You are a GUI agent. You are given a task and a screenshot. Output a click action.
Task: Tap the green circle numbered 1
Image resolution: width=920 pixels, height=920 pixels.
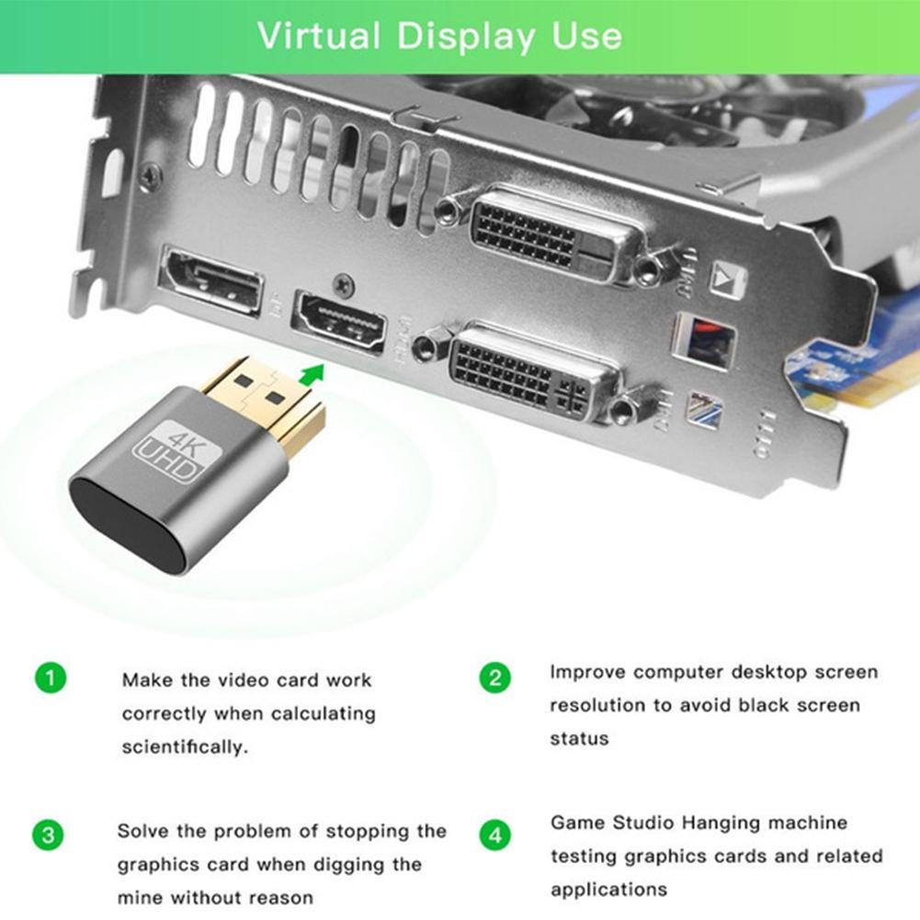point(51,679)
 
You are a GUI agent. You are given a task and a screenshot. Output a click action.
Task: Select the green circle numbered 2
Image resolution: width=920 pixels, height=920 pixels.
point(494,678)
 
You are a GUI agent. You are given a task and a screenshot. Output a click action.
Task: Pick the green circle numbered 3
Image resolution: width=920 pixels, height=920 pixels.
point(49,836)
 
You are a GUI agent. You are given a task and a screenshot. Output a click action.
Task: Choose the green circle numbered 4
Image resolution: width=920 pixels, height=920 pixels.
point(495,836)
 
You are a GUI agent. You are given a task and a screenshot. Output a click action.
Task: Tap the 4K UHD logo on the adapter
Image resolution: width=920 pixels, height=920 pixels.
point(169,451)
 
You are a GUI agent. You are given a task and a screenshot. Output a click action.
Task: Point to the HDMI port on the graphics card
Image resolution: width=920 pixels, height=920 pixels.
point(339,323)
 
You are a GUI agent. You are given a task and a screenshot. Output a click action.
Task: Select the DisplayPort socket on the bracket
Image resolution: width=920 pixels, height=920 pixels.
point(211,279)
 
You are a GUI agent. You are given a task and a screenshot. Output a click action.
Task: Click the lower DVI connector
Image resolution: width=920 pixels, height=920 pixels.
point(529,369)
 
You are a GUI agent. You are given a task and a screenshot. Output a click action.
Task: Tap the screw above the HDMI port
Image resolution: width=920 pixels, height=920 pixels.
point(345,285)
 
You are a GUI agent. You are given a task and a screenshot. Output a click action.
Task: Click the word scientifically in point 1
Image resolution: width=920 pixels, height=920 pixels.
point(172,747)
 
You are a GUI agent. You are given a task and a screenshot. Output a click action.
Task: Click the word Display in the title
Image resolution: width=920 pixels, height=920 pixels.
point(465,36)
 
